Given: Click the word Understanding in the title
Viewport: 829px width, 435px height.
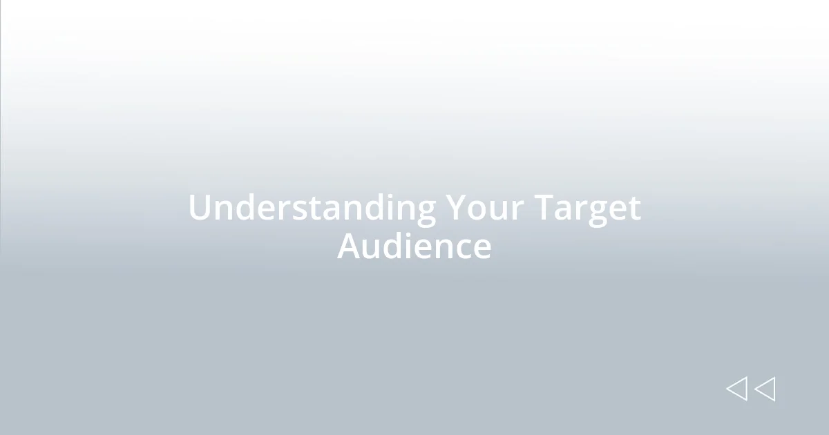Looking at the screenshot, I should click(x=312, y=208).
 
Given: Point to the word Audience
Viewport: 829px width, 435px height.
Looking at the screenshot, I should click(x=414, y=246).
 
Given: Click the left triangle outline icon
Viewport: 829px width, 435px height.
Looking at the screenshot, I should click(x=736, y=389).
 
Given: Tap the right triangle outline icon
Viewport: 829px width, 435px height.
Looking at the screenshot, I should click(x=765, y=389).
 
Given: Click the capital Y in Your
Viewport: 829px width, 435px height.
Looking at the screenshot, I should click(x=455, y=208).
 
